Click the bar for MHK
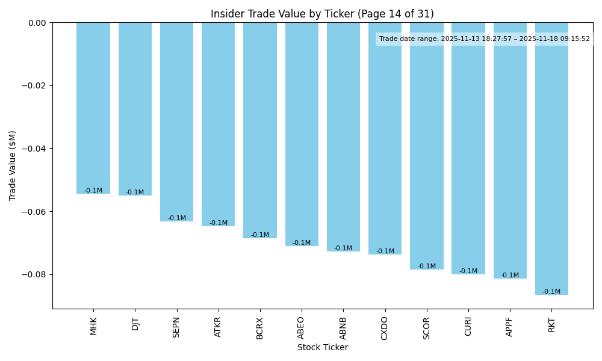point(93,108)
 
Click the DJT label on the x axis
point(135,324)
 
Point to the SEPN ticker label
point(177,326)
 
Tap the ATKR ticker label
point(219,326)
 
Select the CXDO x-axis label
point(385,327)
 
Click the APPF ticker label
point(510,326)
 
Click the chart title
point(322,14)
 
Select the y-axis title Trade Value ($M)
point(13,165)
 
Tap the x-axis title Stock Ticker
point(322,347)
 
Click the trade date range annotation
point(484,39)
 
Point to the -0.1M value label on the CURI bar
point(468,271)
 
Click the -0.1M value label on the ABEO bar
point(302,243)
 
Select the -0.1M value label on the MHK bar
point(93,191)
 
